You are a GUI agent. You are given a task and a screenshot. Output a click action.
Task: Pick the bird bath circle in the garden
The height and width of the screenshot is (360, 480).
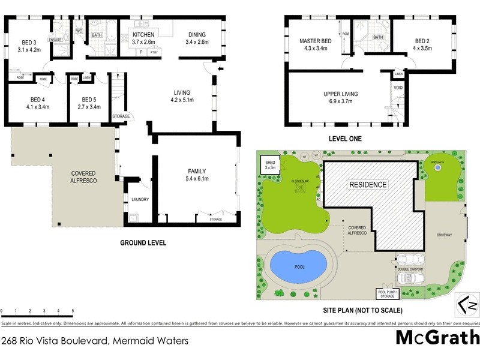pyautogui.click(x=438, y=169)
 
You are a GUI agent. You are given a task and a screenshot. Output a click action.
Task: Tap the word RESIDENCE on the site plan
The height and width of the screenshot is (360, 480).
pyautogui.click(x=368, y=185)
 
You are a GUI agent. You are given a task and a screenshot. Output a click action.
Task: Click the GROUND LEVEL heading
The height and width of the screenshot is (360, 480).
pyautogui.click(x=142, y=243)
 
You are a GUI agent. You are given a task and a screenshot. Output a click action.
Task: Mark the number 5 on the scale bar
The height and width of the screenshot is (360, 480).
pyautogui.click(x=73, y=311)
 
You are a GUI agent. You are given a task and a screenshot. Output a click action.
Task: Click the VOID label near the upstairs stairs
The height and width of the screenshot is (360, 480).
pyautogui.click(x=398, y=87)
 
